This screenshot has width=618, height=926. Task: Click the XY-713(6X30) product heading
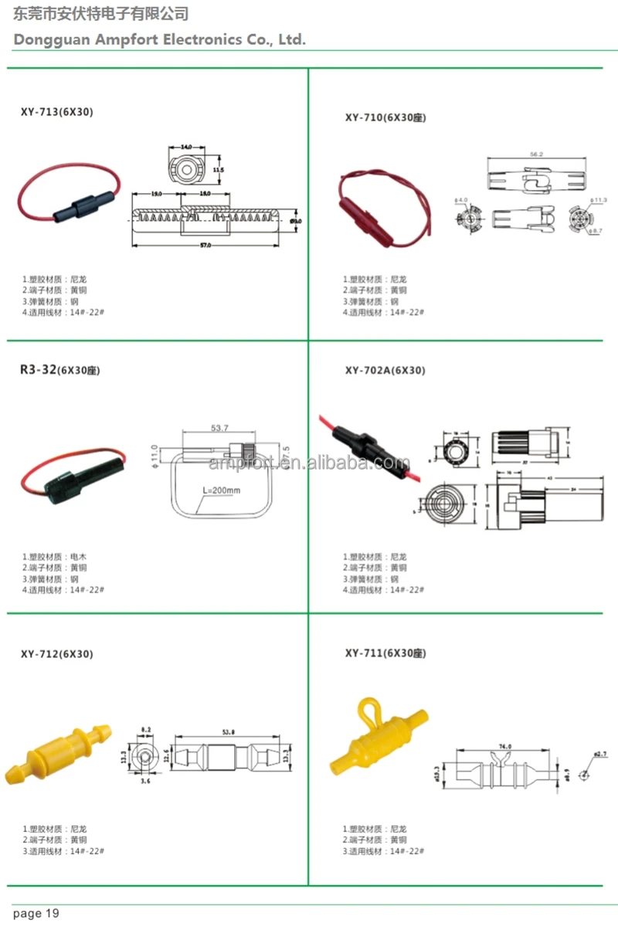(x=56, y=112)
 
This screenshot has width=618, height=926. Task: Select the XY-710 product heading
(x=385, y=117)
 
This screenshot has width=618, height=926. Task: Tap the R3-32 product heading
(x=59, y=370)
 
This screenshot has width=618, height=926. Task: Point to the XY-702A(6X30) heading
(x=385, y=370)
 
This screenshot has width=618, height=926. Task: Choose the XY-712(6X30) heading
(x=56, y=654)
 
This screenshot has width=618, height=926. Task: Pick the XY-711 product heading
(x=385, y=653)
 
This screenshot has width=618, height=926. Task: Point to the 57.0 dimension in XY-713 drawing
(x=205, y=246)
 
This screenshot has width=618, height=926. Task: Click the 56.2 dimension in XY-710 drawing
(x=535, y=154)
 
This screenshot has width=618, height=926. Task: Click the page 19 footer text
(x=36, y=914)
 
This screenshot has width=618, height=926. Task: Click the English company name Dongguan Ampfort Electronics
(x=160, y=39)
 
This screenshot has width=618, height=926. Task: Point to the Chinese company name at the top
(x=101, y=14)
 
